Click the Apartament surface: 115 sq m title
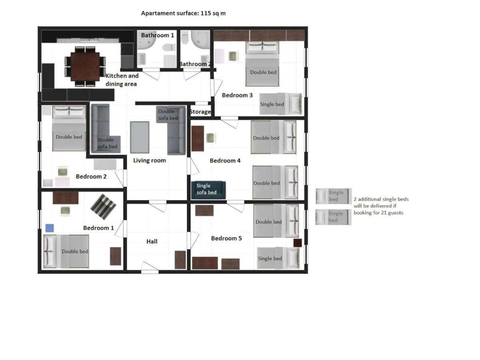point(183,13)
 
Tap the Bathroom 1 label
point(158,35)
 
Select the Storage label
point(200,112)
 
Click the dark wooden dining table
point(85,67)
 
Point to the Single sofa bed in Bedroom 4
point(208,190)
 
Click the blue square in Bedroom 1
point(50,228)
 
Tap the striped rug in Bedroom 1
point(103,206)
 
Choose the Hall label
point(152,241)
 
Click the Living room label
point(150,160)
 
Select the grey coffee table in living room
point(140,137)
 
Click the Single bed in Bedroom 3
point(281,104)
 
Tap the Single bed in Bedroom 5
point(278,258)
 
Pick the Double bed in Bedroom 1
point(66,251)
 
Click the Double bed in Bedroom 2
point(69,128)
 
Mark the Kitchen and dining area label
point(122,80)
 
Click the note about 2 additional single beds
point(381,206)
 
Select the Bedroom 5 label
point(226,238)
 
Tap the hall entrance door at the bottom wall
point(150,268)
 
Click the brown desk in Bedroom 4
point(198,138)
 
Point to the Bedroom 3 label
point(237,95)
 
